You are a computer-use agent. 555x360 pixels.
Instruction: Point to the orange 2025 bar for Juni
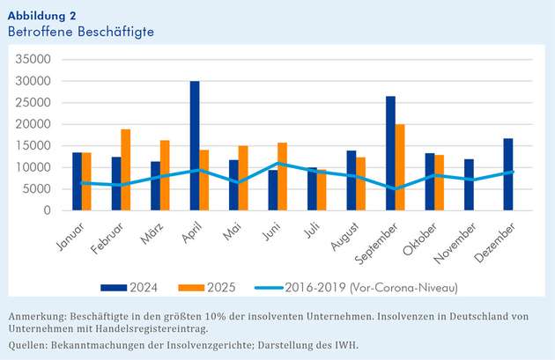282,176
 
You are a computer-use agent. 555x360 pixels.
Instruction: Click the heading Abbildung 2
41,14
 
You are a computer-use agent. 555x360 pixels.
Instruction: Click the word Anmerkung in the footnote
38,316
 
